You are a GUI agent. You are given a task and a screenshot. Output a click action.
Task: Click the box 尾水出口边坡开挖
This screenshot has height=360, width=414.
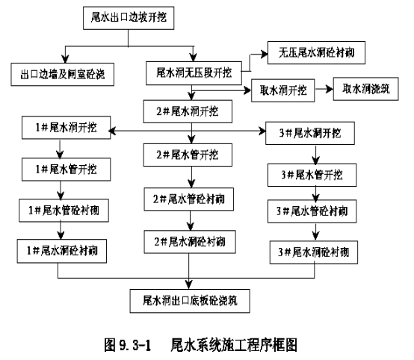[129, 18]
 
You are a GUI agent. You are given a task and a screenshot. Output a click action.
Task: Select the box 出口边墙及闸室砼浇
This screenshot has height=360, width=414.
[63, 74]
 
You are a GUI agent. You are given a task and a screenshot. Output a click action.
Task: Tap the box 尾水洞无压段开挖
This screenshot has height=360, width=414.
[194, 73]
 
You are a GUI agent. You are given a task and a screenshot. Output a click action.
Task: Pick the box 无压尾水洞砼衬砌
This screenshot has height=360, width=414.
[316, 52]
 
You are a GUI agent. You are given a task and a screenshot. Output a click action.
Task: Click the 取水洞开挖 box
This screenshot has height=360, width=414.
[283, 90]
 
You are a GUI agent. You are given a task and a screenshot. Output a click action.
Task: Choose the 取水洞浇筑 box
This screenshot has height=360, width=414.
[365, 89]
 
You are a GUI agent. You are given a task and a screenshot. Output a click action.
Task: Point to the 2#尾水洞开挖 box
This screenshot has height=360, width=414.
[188, 111]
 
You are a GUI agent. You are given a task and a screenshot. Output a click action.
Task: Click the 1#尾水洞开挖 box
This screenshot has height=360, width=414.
[67, 128]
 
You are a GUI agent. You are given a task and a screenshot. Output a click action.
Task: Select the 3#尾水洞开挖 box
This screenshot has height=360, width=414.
[310, 133]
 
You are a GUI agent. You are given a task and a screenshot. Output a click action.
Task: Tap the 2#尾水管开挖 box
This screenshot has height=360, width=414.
[188, 155]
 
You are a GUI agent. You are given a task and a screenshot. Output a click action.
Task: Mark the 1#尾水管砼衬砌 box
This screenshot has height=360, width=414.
[64, 211]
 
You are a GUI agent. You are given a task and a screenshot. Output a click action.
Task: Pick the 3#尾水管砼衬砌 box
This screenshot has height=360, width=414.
[312, 211]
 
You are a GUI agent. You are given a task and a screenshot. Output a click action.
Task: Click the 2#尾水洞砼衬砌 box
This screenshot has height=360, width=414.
[190, 242]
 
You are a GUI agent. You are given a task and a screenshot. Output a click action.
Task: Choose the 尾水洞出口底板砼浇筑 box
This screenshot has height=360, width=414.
[190, 301]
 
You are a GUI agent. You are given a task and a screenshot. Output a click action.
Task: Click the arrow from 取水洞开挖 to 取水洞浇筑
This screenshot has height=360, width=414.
[324, 89]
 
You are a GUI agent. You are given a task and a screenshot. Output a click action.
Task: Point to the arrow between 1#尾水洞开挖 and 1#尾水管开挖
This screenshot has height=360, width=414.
[60, 149]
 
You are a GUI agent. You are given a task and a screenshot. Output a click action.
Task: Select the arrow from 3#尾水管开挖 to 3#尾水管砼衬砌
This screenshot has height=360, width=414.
[316, 193]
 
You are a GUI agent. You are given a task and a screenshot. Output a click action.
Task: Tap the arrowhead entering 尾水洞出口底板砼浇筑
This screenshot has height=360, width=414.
[189, 285]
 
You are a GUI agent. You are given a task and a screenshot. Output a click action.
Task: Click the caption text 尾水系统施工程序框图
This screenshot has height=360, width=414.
[234, 345]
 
